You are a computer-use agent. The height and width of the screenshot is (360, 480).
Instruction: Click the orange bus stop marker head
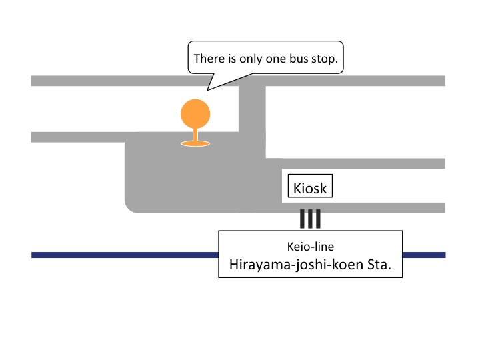click(195, 114)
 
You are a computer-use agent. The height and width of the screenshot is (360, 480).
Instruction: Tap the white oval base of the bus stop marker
click(195, 143)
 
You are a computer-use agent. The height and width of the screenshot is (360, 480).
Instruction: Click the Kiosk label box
click(310, 188)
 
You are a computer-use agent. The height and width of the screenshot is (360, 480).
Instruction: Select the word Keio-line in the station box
click(311, 247)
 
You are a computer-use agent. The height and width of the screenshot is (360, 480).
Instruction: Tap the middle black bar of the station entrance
click(311, 219)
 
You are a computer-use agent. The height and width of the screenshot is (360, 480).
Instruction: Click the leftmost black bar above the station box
click(303, 219)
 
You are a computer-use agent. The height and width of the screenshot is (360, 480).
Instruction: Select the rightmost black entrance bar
click(319, 219)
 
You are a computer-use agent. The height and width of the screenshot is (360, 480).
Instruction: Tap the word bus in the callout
click(299, 59)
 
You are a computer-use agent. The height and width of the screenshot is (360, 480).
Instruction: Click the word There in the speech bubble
click(208, 59)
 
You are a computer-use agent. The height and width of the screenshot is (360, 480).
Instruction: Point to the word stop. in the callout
click(326, 59)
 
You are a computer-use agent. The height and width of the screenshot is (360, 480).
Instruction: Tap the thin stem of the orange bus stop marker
click(195, 135)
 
